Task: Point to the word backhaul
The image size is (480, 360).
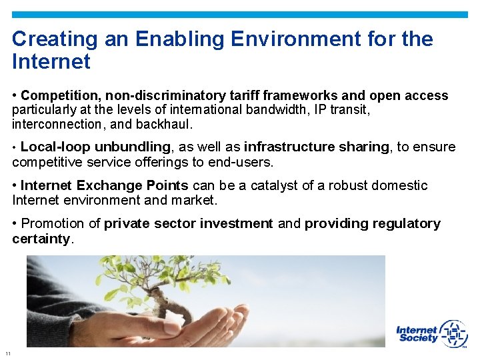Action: [x=168, y=124]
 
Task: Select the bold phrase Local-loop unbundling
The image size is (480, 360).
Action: [x=95, y=147]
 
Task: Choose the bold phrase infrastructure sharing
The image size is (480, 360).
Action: [x=317, y=147]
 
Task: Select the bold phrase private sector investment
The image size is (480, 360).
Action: [x=189, y=224]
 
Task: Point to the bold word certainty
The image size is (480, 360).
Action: [x=41, y=239]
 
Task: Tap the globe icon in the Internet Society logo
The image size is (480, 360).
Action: [x=453, y=333]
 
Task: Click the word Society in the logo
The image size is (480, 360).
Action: [x=418, y=338]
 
